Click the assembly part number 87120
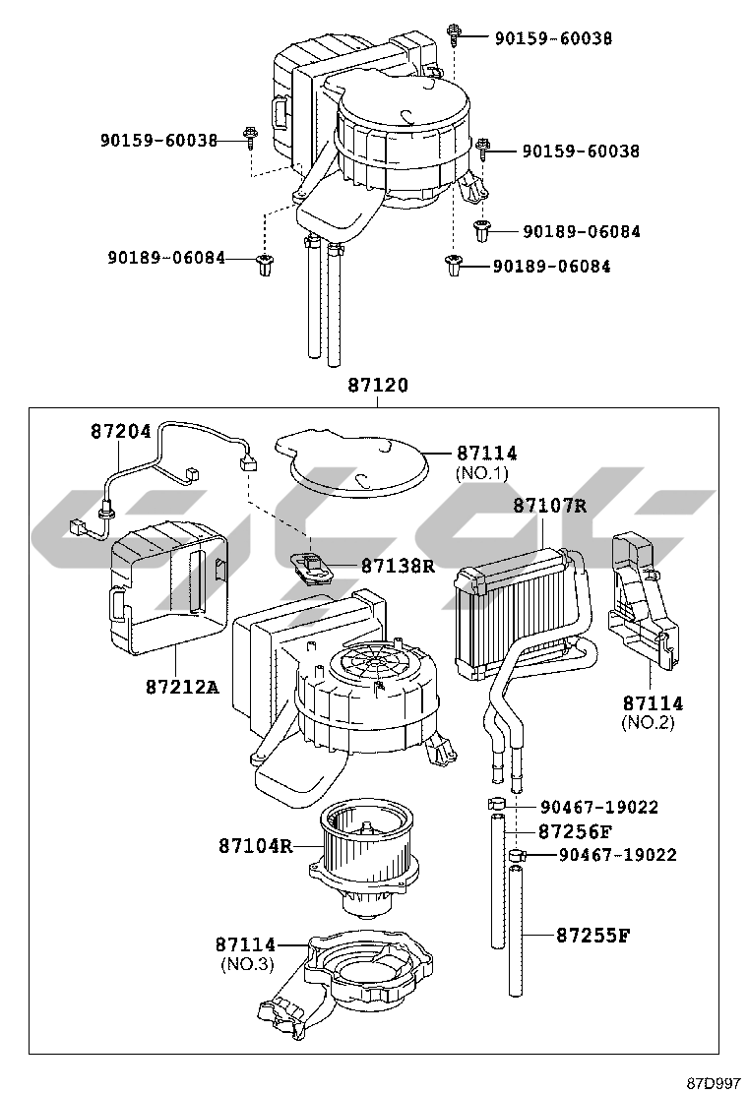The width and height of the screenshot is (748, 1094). (x=377, y=386)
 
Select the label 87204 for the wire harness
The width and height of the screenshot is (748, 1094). (x=121, y=431)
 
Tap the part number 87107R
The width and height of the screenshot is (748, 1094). (x=549, y=506)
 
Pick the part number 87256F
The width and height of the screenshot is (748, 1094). (x=575, y=831)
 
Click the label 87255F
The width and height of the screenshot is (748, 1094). (x=592, y=935)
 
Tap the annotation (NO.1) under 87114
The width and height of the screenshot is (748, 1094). (x=486, y=473)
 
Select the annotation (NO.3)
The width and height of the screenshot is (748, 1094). (x=246, y=964)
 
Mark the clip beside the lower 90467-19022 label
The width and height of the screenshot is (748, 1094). (x=518, y=857)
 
